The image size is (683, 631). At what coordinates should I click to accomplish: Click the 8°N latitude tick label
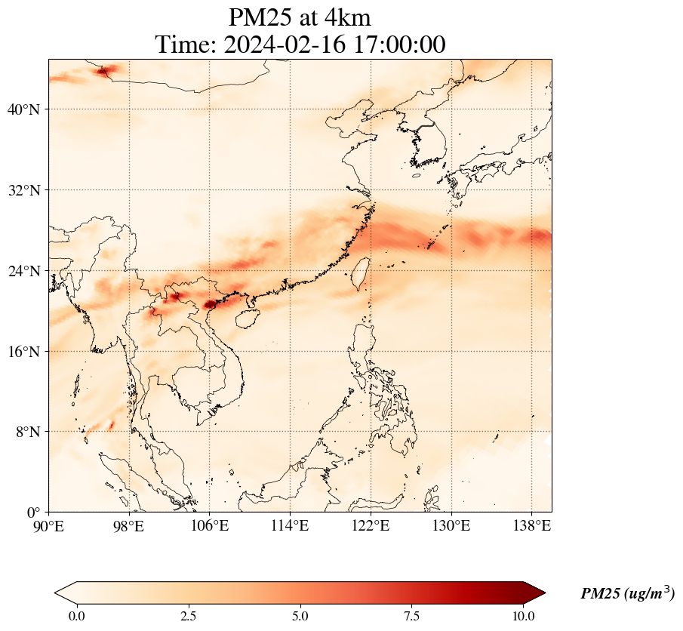point(28,432)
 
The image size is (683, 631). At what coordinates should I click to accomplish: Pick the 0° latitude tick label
point(35,512)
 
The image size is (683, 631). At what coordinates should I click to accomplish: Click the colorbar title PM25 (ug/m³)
point(627,594)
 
